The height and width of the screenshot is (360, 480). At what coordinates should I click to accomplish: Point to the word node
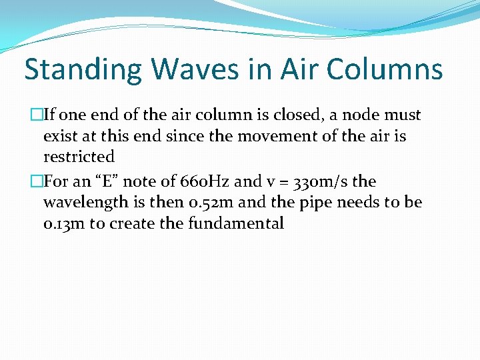(x=356, y=115)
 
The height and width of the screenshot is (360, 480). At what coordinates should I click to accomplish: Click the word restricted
(x=79, y=157)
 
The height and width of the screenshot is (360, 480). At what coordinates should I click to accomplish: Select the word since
(x=175, y=136)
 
